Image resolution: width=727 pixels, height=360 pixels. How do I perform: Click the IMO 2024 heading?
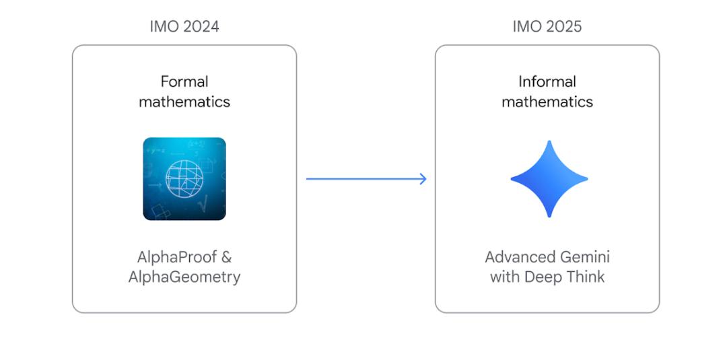tap(184, 26)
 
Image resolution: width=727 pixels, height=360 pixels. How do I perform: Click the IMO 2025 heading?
tap(547, 26)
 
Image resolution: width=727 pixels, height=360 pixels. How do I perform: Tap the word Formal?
tap(184, 81)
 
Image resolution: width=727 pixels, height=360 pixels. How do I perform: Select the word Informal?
tap(547, 81)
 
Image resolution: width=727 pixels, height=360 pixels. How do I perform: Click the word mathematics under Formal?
tap(184, 102)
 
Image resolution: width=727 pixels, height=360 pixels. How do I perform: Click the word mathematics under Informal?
tap(547, 102)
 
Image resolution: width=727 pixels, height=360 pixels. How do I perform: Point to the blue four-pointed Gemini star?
tap(549, 179)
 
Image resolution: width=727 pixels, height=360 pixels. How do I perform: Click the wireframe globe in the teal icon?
tap(184, 179)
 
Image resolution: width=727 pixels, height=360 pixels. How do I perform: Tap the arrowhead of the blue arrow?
tap(422, 179)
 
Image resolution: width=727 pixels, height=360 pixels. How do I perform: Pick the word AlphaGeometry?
tap(184, 277)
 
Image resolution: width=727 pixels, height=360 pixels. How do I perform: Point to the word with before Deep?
tap(505, 277)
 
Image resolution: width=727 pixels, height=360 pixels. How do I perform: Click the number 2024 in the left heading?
tap(202, 26)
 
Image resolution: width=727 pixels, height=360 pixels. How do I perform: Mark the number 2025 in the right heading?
tap(564, 26)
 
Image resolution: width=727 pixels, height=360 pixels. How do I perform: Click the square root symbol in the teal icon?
tap(203, 203)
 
